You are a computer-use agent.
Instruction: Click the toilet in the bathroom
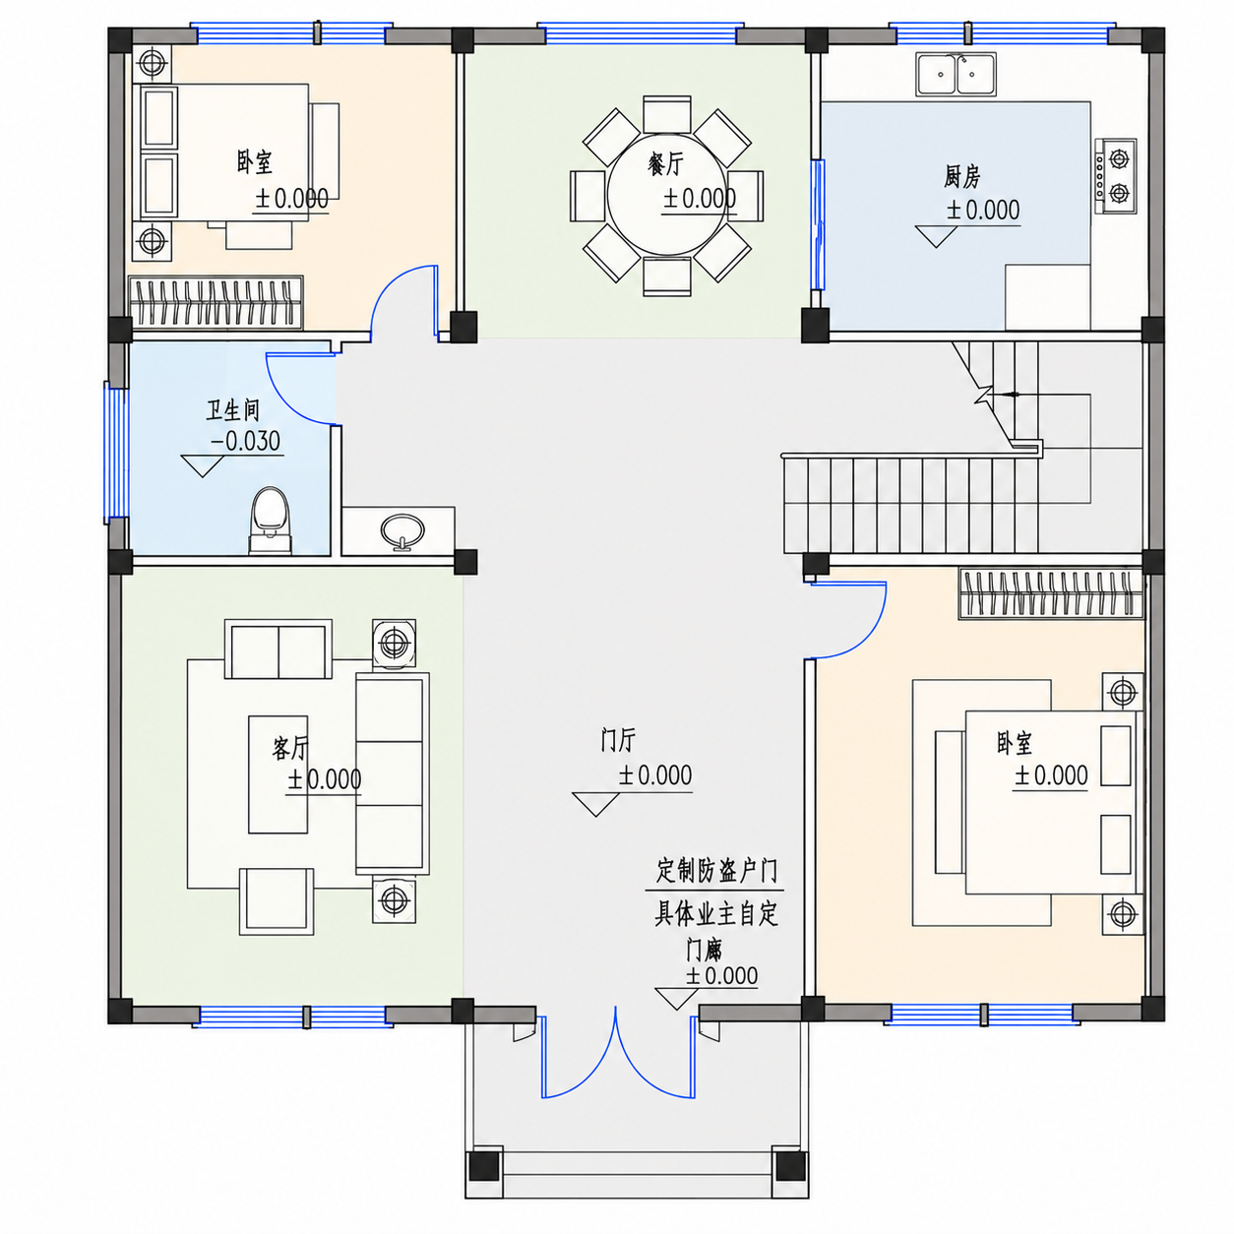click(271, 521)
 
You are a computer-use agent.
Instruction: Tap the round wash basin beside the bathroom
click(402, 530)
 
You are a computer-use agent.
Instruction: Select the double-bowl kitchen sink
click(956, 74)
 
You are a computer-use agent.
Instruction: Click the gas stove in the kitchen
click(1116, 175)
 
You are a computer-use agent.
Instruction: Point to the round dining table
click(666, 195)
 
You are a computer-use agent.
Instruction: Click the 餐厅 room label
click(665, 164)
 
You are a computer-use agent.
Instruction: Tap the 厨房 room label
click(961, 176)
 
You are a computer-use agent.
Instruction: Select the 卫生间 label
click(232, 409)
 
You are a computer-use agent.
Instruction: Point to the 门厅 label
click(618, 740)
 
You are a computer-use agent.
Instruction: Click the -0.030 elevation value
click(245, 441)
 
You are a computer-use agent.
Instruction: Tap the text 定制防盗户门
click(716, 871)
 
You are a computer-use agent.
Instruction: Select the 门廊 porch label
click(705, 951)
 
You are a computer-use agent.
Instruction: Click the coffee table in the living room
click(278, 774)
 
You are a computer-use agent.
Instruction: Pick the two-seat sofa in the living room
click(278, 648)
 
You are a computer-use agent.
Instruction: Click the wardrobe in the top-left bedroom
click(216, 302)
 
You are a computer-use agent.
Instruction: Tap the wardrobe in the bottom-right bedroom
click(1051, 593)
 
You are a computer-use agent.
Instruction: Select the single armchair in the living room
click(277, 901)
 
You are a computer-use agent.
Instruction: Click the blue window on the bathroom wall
click(116, 452)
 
